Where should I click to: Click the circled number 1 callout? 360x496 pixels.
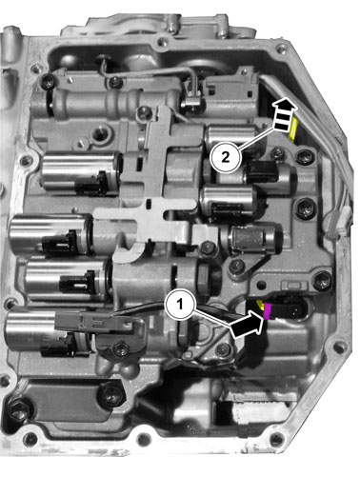180,305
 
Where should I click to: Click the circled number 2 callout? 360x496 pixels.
226,157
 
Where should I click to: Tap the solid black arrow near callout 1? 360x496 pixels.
248,325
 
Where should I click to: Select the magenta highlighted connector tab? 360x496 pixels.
267,311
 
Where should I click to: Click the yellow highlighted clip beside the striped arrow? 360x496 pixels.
293,129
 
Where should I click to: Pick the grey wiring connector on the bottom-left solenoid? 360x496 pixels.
94,322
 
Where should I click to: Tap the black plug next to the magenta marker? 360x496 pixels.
289,308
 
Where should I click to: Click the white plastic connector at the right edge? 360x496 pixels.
340,222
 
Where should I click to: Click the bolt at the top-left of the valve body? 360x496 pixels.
49,81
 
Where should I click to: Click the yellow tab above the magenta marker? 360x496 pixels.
260,305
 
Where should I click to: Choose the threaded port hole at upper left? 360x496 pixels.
101,133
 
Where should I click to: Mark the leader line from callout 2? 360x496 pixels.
256,139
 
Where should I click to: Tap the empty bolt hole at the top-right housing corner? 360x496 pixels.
280,50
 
